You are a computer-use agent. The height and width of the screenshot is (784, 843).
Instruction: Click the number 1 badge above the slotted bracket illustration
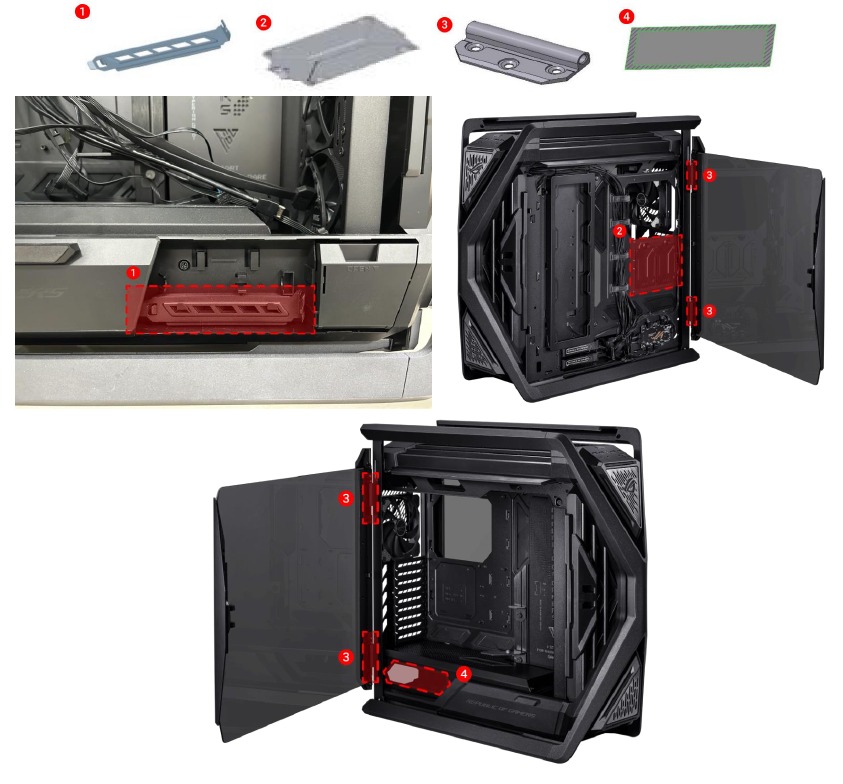coord(83,12)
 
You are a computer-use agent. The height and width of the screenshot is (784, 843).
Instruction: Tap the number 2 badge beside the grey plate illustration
coord(263,21)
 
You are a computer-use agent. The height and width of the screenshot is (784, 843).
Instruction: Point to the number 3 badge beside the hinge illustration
coord(444,22)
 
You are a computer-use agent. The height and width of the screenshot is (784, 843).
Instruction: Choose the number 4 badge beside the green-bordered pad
coord(626,17)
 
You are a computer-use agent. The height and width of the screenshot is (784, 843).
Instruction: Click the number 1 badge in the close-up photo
coord(133,272)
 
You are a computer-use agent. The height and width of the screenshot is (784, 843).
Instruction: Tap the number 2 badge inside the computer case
coord(621,231)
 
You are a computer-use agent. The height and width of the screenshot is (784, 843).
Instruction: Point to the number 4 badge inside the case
coord(463,674)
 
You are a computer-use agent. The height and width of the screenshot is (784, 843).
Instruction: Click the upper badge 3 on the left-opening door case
coord(346,497)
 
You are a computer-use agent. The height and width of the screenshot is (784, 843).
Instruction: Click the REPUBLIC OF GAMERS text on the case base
coord(501,706)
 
